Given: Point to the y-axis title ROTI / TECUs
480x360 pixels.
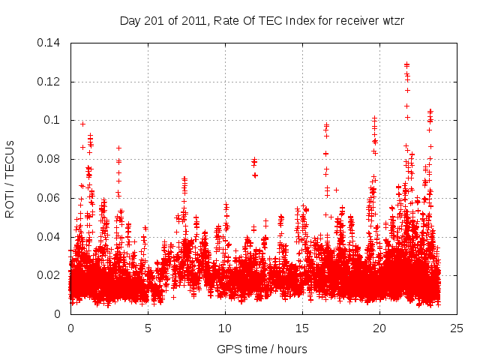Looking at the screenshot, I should pos(10,178).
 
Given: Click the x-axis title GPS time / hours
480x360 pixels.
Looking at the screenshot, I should pos(262,349).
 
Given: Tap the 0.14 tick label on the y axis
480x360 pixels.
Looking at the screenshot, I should pos(49,43).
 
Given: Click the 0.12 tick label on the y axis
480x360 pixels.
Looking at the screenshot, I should pos(49,82).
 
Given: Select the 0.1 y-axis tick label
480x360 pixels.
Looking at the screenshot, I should pos(53,120).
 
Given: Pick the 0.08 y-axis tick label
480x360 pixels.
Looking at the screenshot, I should pos(49,159).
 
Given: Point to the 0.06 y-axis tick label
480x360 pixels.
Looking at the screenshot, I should pos(49,198).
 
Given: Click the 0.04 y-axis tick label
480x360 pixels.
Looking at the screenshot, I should pos(49,237).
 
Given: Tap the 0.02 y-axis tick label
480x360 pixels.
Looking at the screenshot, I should pos(49,275).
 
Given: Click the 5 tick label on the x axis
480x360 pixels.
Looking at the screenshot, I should pos(148,328).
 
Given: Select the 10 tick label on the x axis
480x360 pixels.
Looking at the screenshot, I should pos(225,328).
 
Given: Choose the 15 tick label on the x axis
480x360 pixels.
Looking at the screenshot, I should pos(302,328).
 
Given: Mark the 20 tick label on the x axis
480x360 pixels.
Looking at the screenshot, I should pos(379,328).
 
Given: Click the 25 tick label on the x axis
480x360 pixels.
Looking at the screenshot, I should pos(457,328).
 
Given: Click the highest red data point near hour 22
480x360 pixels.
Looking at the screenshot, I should pos(406,64).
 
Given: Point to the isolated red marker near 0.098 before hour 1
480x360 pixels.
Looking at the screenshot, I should pos(82,124).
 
